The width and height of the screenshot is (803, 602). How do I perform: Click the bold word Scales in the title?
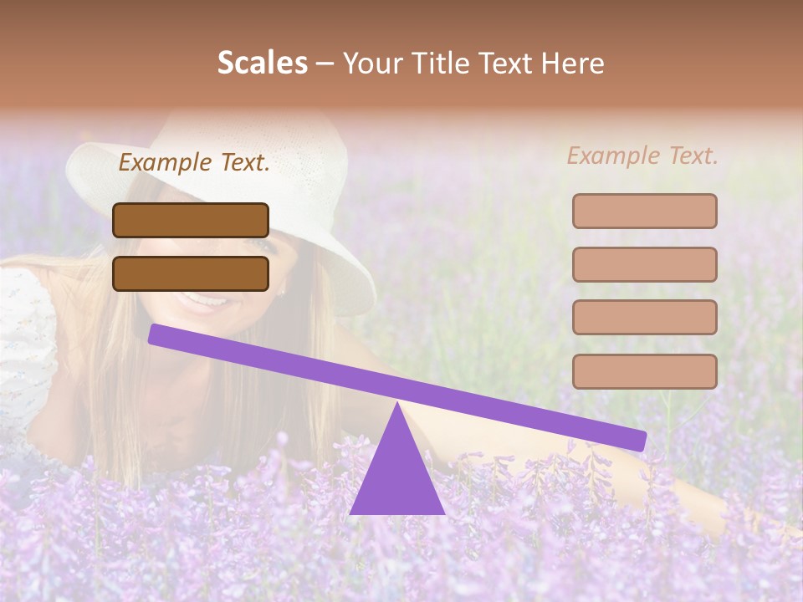[x=262, y=63]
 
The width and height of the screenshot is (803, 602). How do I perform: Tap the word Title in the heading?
[x=430, y=63]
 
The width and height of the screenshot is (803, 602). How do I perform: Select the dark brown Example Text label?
[x=194, y=162]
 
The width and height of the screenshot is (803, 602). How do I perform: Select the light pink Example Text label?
[x=642, y=156]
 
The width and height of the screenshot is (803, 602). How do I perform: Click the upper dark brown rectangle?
[x=191, y=220]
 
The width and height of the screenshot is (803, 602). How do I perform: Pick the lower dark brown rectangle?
[x=191, y=273]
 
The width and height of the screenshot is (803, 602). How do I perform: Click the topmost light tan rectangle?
[x=644, y=211]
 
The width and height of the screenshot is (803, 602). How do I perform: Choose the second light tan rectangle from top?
[x=644, y=264]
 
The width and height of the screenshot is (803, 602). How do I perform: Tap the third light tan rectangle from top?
[x=644, y=318]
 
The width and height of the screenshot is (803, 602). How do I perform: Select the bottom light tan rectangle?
[x=644, y=371]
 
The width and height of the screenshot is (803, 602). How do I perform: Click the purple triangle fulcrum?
[x=396, y=477]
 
